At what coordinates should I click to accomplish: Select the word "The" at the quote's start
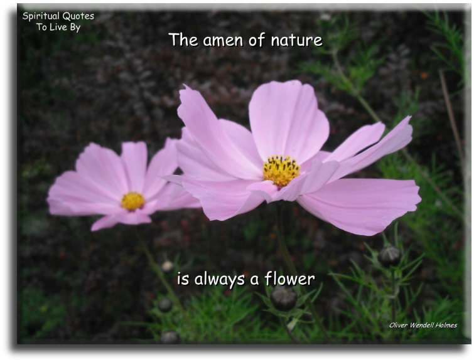(x=183, y=40)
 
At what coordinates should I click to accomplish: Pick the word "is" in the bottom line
(x=182, y=279)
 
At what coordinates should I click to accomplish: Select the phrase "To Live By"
(x=58, y=28)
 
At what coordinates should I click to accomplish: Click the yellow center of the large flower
(x=281, y=171)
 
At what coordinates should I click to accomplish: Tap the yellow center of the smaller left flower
(x=132, y=201)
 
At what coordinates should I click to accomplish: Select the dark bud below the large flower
(x=284, y=298)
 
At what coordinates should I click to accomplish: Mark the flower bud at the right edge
(x=390, y=255)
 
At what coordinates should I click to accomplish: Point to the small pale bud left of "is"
(x=167, y=266)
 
